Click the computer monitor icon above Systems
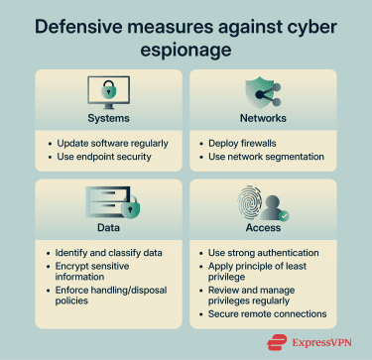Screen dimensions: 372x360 point(107,91)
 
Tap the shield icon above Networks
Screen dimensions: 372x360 point(262,89)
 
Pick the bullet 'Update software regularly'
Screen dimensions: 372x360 point(113,143)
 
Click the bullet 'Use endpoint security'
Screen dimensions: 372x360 point(106,157)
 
